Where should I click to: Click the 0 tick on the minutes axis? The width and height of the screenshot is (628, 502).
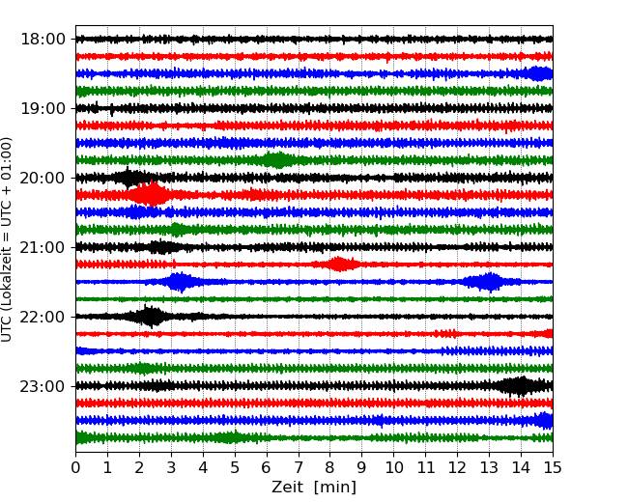pyautogui.click(x=75, y=468)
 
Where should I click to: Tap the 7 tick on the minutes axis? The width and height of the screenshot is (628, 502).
pyautogui.click(x=299, y=468)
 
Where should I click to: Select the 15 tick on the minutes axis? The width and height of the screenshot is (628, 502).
pyautogui.click(x=553, y=468)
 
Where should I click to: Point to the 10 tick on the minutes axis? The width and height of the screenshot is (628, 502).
pyautogui.click(x=393, y=468)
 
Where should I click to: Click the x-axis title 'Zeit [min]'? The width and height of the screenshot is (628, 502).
pyautogui.click(x=314, y=488)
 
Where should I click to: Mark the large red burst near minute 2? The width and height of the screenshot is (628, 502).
pyautogui.click(x=150, y=195)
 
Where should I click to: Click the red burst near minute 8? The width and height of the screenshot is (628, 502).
pyautogui.click(x=338, y=265)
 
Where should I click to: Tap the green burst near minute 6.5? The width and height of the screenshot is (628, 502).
pyautogui.click(x=278, y=160)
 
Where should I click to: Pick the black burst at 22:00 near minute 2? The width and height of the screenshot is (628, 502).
pyautogui.click(x=150, y=317)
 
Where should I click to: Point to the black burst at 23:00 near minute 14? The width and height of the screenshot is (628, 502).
pyautogui.click(x=520, y=386)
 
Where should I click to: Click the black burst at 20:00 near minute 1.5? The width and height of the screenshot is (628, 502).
pyautogui.click(x=128, y=178)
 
